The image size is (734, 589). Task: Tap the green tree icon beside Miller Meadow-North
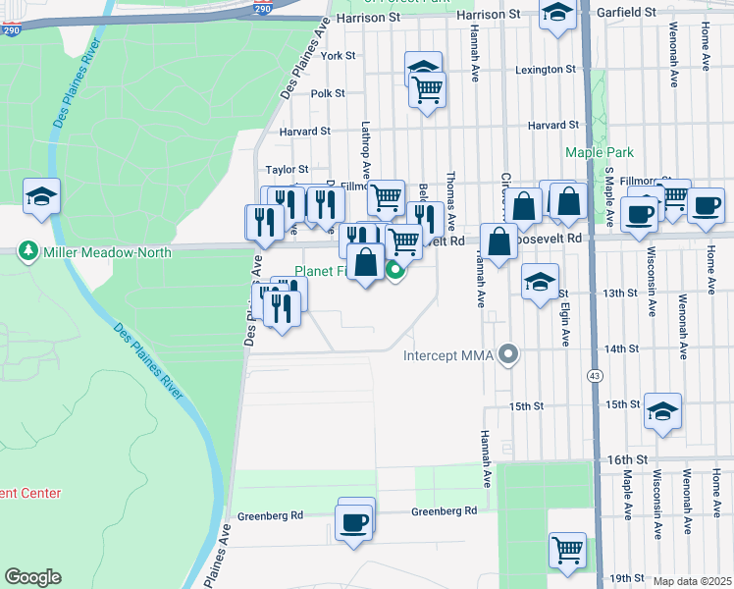(x=27, y=252)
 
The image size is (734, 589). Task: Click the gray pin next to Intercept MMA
(x=507, y=353)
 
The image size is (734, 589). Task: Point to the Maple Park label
(x=600, y=152)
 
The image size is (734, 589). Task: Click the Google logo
(x=32, y=577)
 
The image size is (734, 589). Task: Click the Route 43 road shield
(x=595, y=376)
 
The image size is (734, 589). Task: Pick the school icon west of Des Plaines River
(x=41, y=196)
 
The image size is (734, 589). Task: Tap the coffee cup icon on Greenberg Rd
(x=353, y=521)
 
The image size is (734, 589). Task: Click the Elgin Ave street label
(x=566, y=324)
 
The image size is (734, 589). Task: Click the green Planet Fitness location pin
(x=395, y=270)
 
